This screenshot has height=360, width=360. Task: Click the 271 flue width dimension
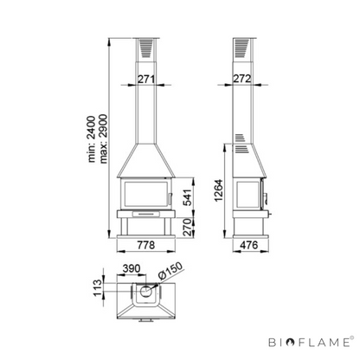click(146, 79)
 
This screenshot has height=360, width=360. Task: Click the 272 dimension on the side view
click(242, 79)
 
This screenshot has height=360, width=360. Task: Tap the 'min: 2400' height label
click(92, 139)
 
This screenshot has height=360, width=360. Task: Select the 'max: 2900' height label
click(103, 139)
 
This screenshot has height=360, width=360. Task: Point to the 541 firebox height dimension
click(188, 197)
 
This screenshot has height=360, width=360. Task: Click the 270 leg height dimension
click(188, 228)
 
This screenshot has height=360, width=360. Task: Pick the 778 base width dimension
click(146, 245)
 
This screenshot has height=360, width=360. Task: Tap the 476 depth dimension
click(248, 245)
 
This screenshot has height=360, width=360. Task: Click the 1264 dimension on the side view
click(219, 190)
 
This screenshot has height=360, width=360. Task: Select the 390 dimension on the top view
click(132, 268)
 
